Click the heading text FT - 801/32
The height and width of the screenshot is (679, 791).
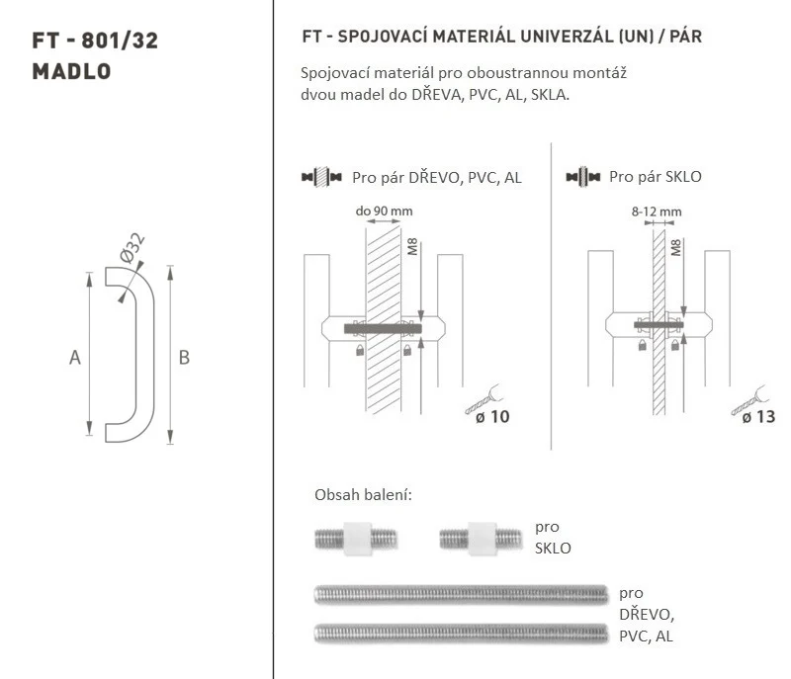point(95,41)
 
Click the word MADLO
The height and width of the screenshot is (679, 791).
point(71,71)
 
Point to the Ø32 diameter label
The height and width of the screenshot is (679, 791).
point(132,247)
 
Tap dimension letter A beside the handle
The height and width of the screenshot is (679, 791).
point(75,358)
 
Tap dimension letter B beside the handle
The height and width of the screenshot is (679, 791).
point(184,358)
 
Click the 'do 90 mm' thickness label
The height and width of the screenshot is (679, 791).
point(384,211)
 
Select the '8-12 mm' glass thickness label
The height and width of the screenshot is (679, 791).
point(657,212)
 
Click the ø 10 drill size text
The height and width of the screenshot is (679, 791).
point(492,417)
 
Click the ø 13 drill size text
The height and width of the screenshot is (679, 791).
point(758,417)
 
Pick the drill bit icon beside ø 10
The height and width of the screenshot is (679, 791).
point(483,399)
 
